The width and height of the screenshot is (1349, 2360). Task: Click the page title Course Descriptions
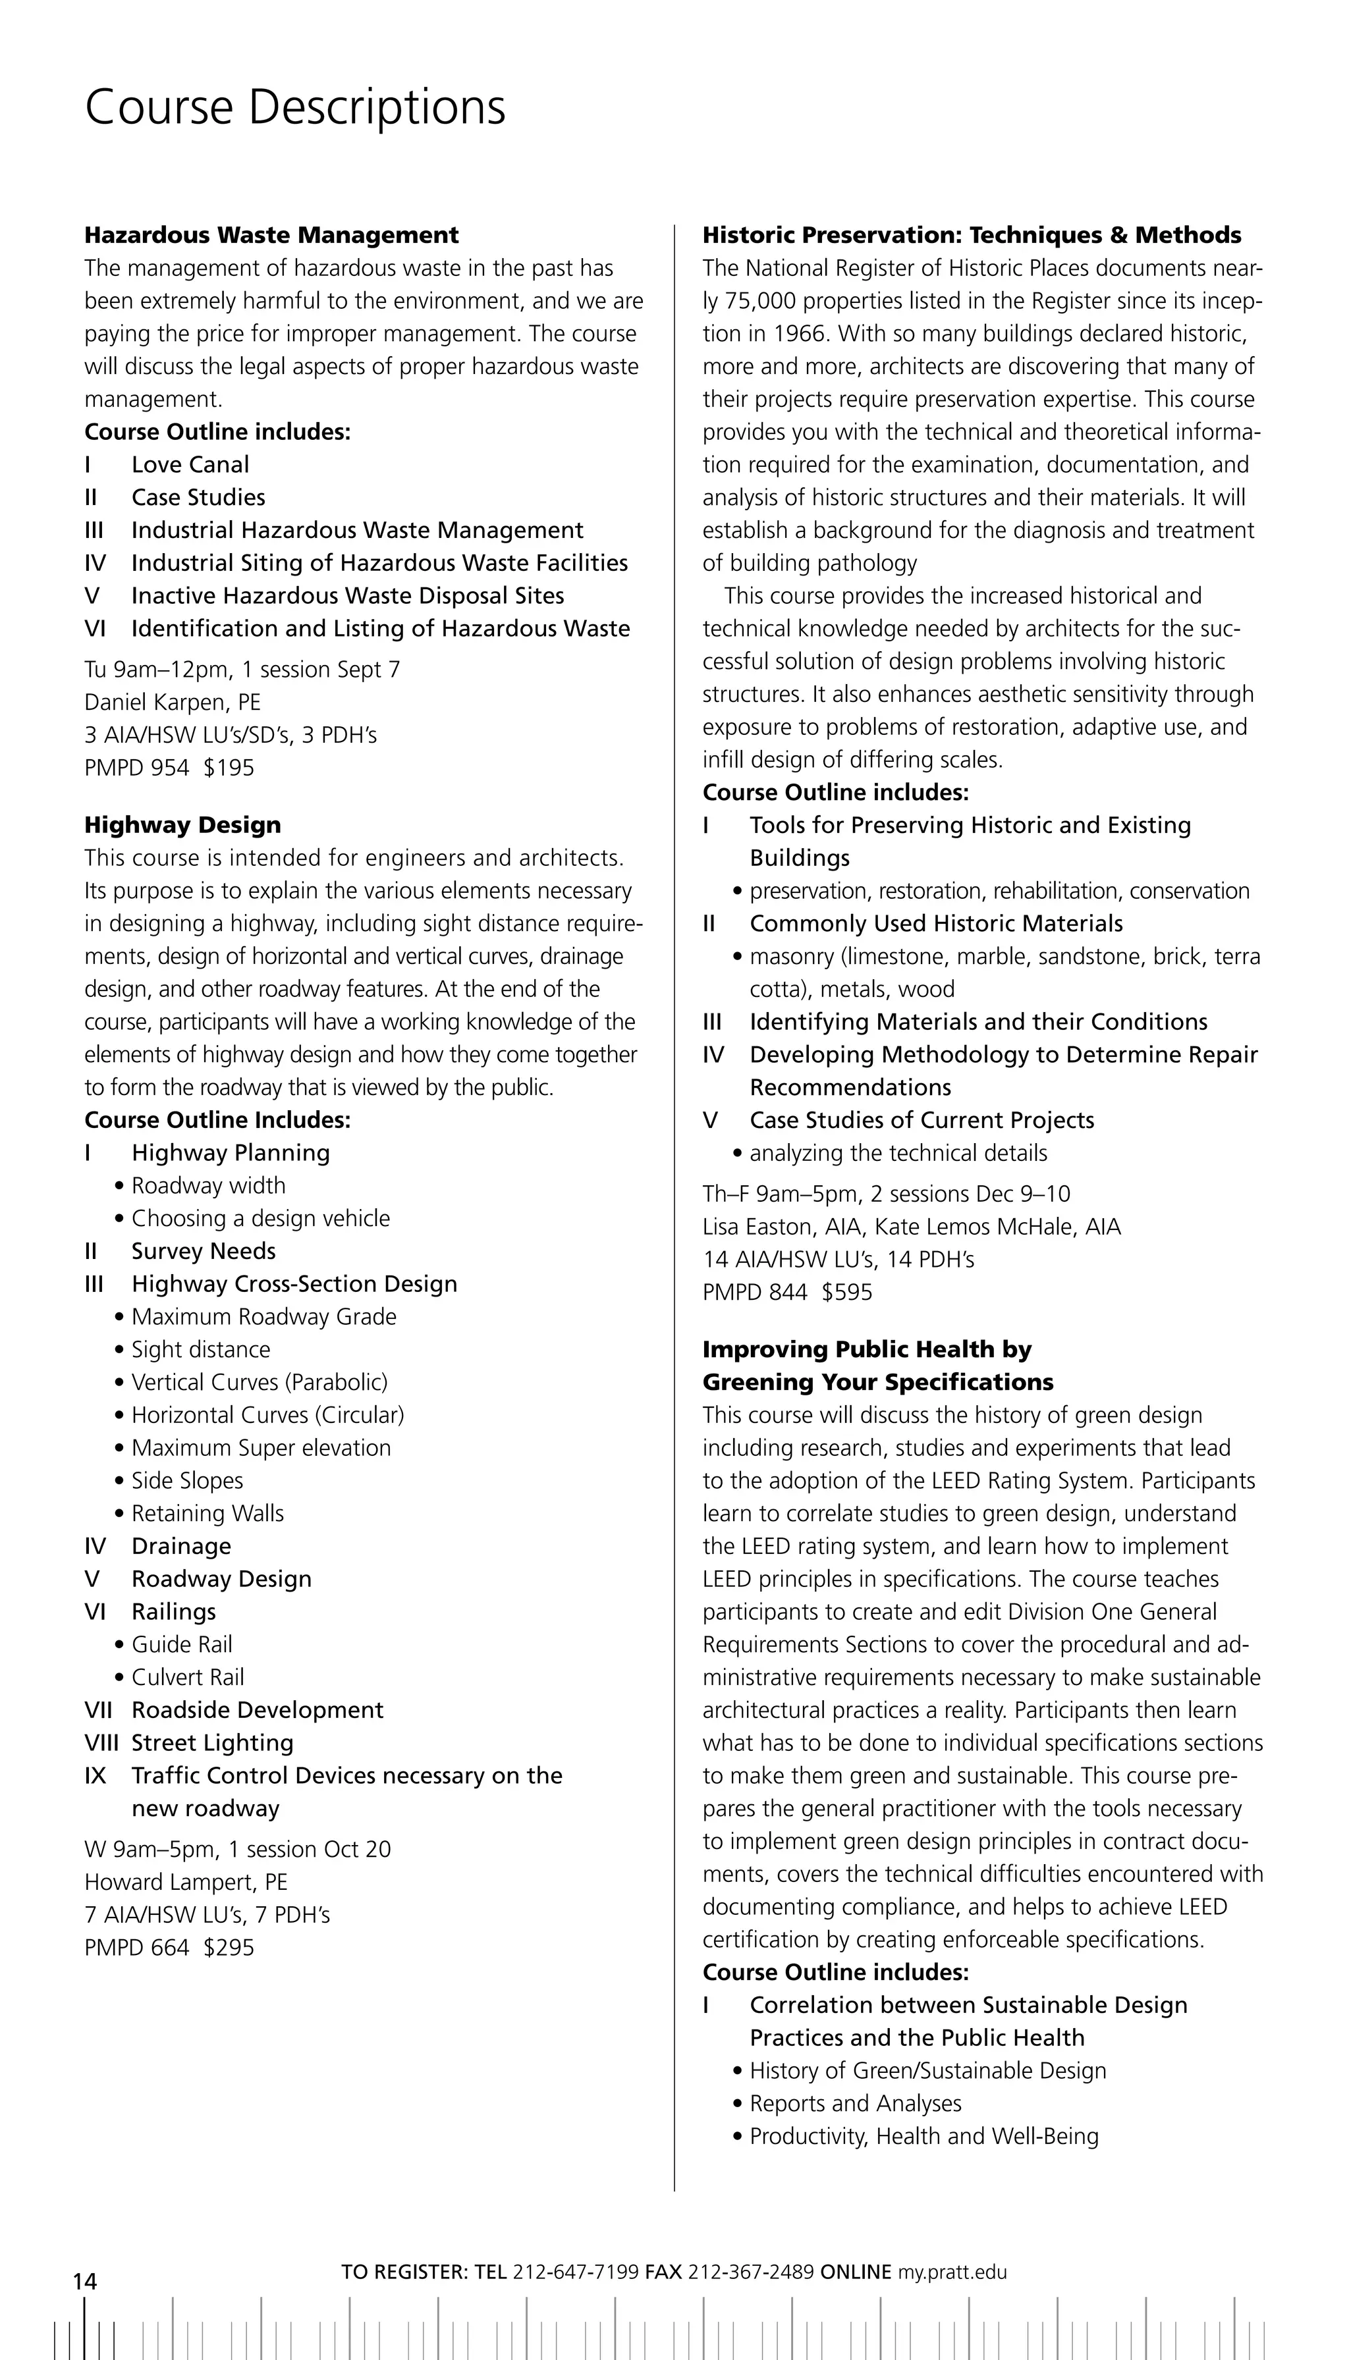coord(294,107)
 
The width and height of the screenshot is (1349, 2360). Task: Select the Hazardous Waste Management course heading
coord(271,235)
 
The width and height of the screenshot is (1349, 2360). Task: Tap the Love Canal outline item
coord(190,465)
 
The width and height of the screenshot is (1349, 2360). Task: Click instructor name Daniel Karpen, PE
coord(173,702)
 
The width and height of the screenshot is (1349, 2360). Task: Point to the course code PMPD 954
coord(136,768)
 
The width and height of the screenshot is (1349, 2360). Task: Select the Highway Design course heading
coord(182,825)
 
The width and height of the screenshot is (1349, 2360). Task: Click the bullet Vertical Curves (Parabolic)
coord(260,1382)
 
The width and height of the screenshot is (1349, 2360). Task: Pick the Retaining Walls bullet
coord(207,1513)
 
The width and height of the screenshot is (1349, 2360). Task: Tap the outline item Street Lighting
coord(212,1742)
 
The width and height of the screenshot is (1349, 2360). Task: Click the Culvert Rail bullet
coord(187,1677)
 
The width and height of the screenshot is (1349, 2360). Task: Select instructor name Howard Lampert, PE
coord(185,1882)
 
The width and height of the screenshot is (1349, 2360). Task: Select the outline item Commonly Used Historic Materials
coord(936,923)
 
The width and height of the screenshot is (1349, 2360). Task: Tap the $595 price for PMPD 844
coord(847,1292)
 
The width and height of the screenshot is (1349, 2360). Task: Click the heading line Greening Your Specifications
coord(877,1382)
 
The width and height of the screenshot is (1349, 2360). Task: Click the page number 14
coord(84,2280)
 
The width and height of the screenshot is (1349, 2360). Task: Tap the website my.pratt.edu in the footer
coord(950,2272)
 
